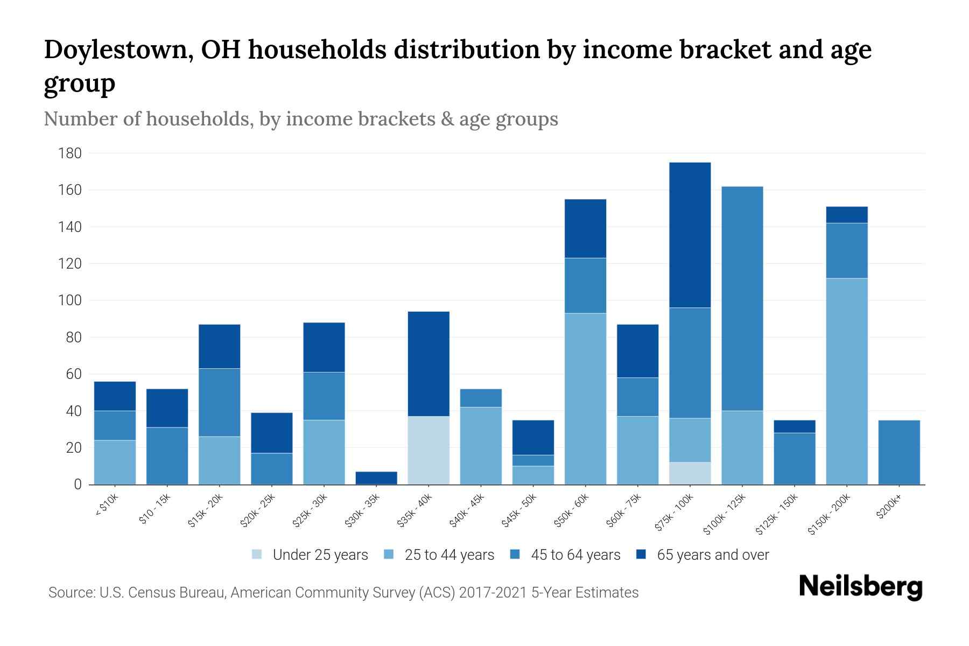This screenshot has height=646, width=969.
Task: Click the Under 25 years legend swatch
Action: click(257, 554)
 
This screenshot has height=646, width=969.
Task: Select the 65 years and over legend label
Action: click(713, 554)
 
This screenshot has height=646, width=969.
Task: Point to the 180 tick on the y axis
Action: click(70, 153)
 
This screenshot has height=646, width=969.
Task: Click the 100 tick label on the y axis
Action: click(70, 300)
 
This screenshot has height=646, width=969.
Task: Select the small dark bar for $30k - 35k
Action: click(376, 478)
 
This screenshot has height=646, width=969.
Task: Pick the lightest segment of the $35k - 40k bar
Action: click(429, 450)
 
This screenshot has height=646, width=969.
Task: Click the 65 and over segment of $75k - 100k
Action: click(690, 235)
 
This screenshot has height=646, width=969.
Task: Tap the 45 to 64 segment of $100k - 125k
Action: click(742, 299)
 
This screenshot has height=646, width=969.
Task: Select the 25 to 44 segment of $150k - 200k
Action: click(846, 381)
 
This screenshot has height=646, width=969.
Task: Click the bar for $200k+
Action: click(898, 452)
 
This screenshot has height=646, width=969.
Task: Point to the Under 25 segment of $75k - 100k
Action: click(690, 473)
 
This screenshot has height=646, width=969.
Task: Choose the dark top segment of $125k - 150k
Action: click(794, 426)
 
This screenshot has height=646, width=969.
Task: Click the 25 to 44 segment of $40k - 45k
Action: click(481, 446)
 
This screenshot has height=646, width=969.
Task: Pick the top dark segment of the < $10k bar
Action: click(115, 396)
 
